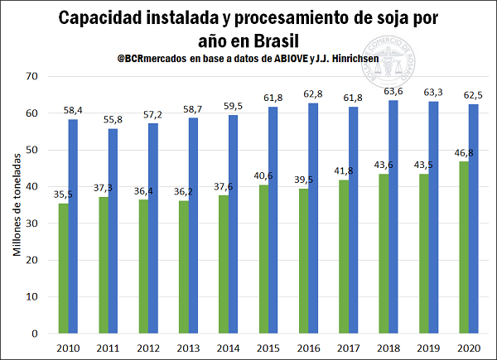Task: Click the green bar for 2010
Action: tap(64, 268)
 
